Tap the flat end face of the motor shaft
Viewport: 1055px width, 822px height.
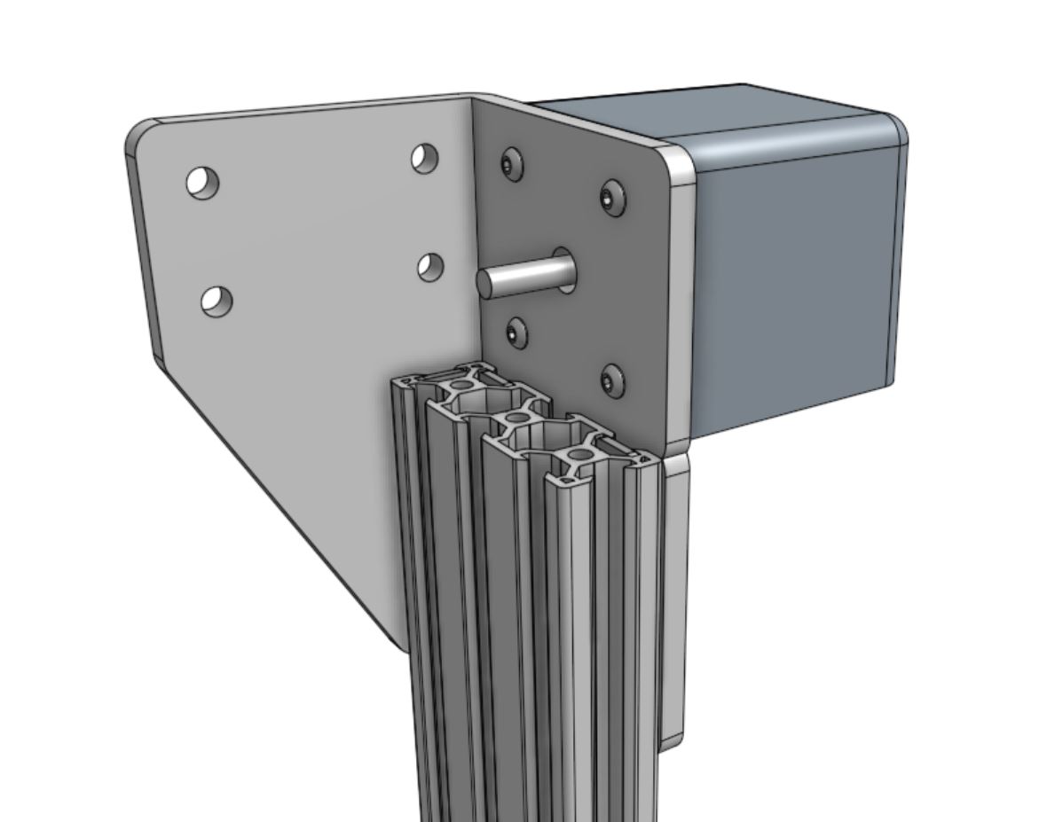(490, 283)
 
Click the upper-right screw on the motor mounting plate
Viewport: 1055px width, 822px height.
(612, 197)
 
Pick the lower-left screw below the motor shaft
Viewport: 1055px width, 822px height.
(517, 333)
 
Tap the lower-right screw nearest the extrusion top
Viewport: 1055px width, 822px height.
(611, 380)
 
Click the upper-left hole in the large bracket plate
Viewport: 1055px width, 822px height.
(202, 183)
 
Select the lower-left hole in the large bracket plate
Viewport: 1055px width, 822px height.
(216, 301)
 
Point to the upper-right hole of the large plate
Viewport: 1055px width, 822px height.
(425, 158)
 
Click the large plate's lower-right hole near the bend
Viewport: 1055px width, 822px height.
(430, 266)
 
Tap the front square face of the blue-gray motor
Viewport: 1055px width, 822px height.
(794, 284)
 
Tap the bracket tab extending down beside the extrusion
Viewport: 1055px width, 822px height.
(674, 603)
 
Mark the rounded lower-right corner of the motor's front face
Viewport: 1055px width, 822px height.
(883, 377)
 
